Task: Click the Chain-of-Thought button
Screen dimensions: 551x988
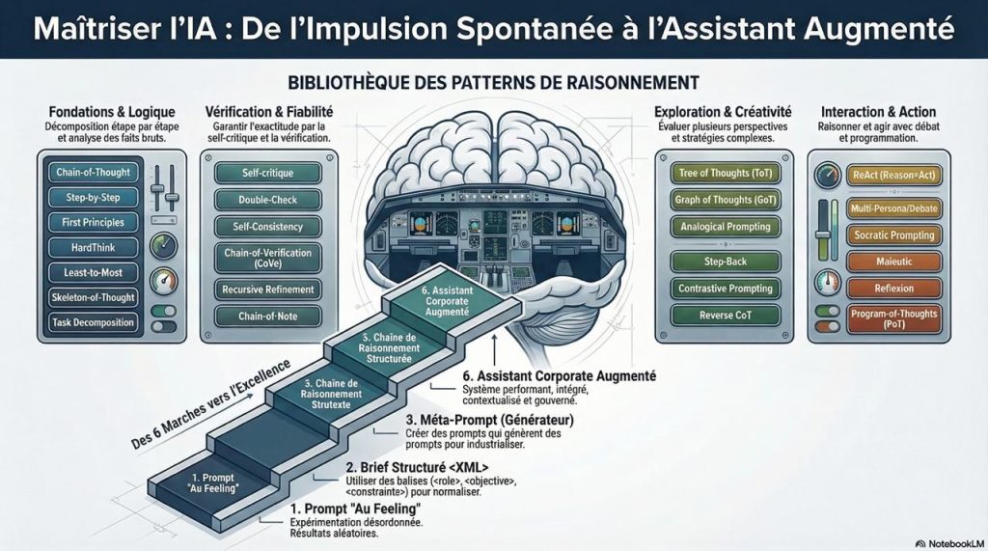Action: (x=93, y=173)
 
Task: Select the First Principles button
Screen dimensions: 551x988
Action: (x=93, y=223)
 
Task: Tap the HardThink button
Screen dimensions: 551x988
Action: (x=93, y=248)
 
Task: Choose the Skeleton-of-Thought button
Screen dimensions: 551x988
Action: (x=93, y=297)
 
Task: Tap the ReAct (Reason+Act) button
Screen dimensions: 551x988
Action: (x=892, y=175)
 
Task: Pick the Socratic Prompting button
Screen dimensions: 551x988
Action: (x=892, y=234)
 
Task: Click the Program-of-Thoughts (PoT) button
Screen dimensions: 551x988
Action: (x=892, y=318)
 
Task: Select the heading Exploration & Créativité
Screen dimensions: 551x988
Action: (x=723, y=111)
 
